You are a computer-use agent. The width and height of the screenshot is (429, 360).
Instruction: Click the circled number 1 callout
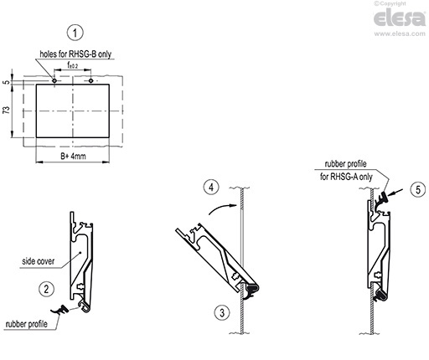(x=76, y=33)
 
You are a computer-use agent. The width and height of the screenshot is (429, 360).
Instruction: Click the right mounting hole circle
(x=91, y=81)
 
